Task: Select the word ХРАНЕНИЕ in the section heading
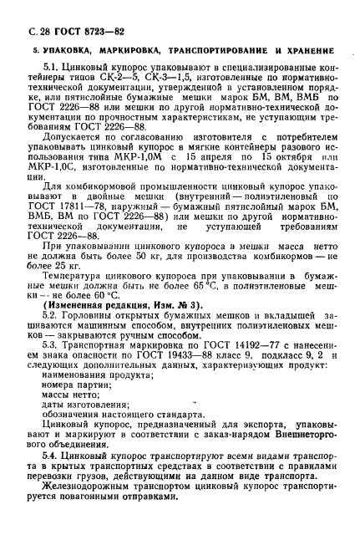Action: [313, 53]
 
